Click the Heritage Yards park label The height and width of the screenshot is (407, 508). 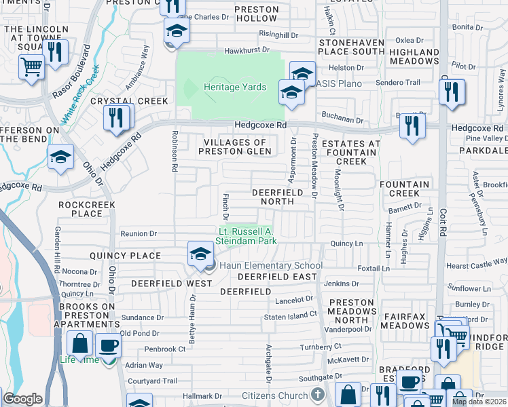235,87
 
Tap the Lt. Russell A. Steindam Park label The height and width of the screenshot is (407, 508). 246,235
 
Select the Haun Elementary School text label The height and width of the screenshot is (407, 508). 269,266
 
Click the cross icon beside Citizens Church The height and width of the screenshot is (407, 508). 317,394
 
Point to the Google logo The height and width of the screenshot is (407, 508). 22,399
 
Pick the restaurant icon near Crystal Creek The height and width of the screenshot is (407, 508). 116,118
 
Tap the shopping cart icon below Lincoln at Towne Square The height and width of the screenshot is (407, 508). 31,69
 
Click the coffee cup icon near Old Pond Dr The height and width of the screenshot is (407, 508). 108,346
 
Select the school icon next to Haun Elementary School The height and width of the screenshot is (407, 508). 200,254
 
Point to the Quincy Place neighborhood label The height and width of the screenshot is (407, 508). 126,256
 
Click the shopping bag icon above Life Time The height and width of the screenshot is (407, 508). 79,345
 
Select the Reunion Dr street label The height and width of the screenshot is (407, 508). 139,234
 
